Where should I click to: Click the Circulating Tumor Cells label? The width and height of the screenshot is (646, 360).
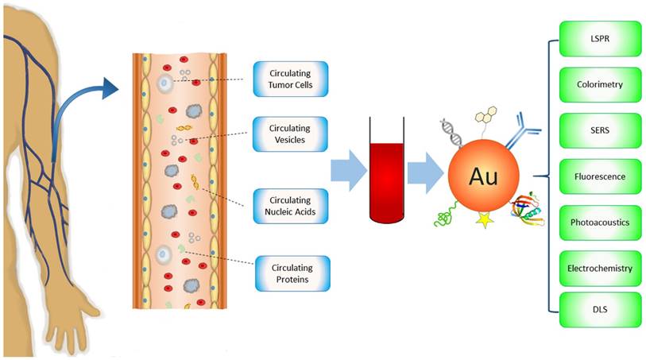(290, 79)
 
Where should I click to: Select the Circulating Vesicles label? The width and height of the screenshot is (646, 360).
(290, 134)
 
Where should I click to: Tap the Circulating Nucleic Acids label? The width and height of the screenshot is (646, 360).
(290, 206)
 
